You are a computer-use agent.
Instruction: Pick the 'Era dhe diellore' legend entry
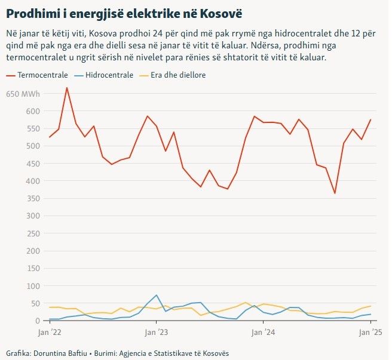tap(173, 76)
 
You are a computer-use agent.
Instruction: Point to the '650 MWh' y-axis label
tap(23, 94)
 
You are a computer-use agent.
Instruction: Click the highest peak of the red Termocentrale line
tap(67, 88)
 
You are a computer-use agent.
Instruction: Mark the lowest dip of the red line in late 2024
tap(335, 193)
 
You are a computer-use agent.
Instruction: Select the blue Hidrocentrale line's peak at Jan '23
tap(157, 295)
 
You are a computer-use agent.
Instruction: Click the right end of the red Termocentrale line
tap(370, 119)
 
